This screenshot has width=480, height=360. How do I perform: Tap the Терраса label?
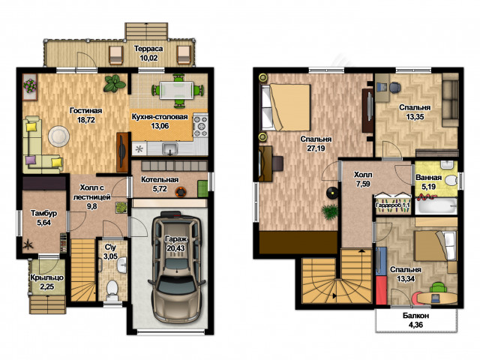148,49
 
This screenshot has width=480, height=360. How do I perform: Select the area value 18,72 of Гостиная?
86,120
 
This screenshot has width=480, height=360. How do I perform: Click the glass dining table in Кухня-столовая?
176,90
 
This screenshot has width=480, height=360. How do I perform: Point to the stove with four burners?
201,125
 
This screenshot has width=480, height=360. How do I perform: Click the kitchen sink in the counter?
170,148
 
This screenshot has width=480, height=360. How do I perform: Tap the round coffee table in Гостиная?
58,136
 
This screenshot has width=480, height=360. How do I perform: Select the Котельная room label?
160,180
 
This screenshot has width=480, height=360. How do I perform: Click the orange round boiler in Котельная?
181,192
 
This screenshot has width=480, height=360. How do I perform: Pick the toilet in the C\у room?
112,290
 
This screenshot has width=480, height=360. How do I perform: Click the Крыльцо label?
46,277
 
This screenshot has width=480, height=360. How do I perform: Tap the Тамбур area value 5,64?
44,223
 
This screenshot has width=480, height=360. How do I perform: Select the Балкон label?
415,316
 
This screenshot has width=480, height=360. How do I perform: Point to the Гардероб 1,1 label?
393,205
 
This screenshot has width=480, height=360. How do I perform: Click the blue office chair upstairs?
394,87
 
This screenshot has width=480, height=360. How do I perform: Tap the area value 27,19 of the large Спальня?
316,148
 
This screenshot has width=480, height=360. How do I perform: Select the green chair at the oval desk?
438,288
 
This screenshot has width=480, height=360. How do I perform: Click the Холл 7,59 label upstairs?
363,179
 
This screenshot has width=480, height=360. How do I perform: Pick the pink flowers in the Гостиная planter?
30,86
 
